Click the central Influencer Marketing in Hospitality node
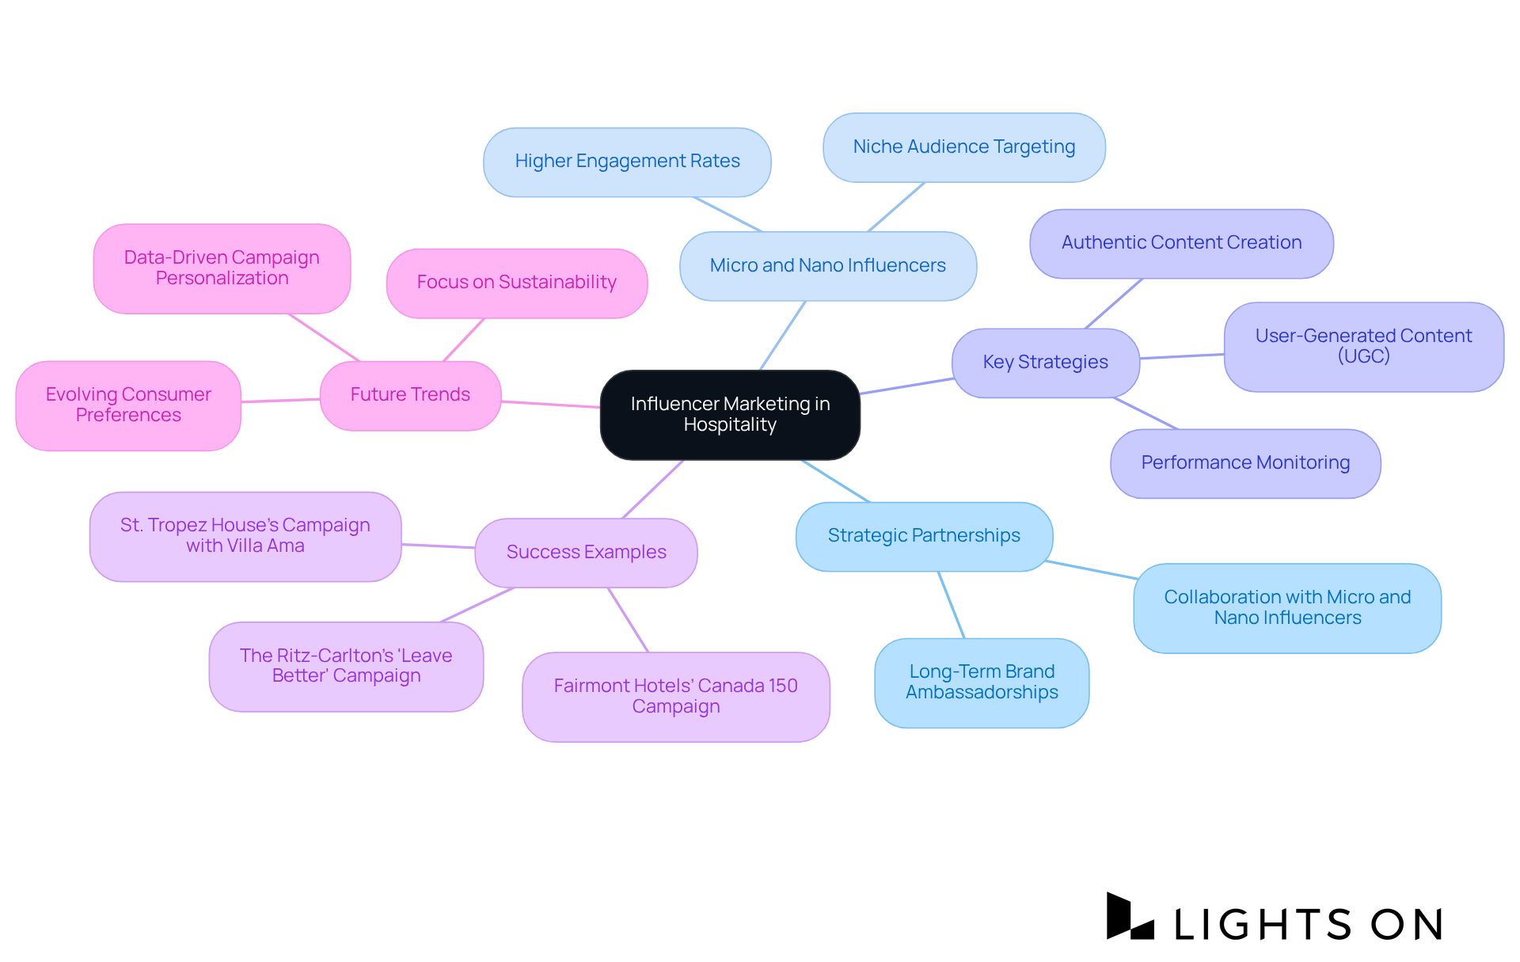tap(730, 414)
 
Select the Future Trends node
tap(410, 395)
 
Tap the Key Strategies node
tap(1045, 363)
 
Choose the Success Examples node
tap(586, 552)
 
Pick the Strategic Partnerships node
tap(924, 536)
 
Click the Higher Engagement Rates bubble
tap(627, 162)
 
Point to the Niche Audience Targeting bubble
tap(963, 147)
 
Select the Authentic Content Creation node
tap(1181, 243)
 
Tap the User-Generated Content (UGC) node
tap(1363, 346)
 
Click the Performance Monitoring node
tap(1245, 463)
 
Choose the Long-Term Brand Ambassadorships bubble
tap(982, 683)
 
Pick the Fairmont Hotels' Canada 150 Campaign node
tap(675, 696)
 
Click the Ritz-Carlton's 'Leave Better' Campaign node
tap(346, 666)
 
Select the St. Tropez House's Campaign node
tap(245, 536)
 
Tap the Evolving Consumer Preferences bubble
tap(128, 405)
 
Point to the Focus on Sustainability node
tap(516, 283)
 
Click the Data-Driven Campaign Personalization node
tap(222, 268)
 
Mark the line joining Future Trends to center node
tap(550, 404)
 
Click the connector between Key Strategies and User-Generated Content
tap(1182, 356)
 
